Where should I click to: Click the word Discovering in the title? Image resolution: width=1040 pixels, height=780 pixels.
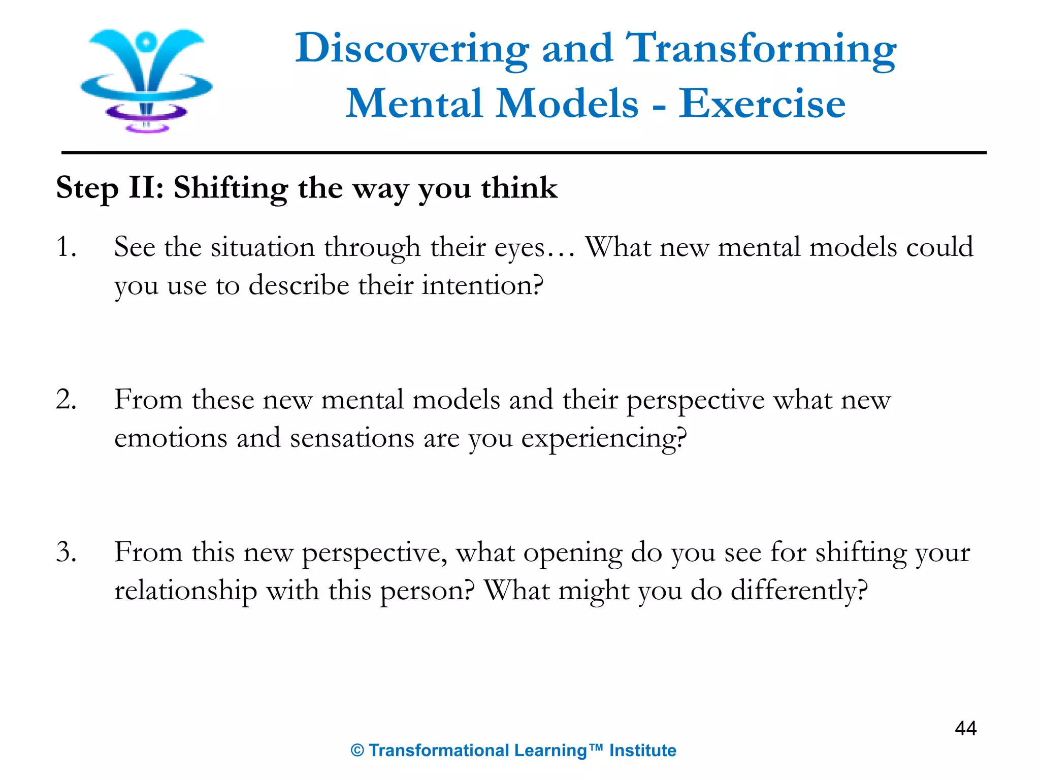point(412,49)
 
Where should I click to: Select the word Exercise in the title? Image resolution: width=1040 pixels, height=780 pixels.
point(762,104)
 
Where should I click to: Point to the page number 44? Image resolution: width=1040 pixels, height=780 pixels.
point(965,728)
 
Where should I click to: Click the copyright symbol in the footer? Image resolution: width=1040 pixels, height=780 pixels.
point(357,751)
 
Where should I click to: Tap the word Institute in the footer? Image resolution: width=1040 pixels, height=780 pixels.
point(642,751)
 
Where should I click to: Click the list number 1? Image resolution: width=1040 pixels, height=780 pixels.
point(67,247)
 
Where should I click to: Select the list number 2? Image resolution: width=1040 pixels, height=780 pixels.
point(67,400)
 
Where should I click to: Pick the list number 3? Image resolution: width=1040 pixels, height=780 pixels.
point(67,552)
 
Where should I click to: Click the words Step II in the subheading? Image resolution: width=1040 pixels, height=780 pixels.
point(110,188)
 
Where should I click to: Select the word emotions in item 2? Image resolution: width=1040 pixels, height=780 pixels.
point(171,438)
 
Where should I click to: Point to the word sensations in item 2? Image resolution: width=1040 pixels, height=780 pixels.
point(352,438)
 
